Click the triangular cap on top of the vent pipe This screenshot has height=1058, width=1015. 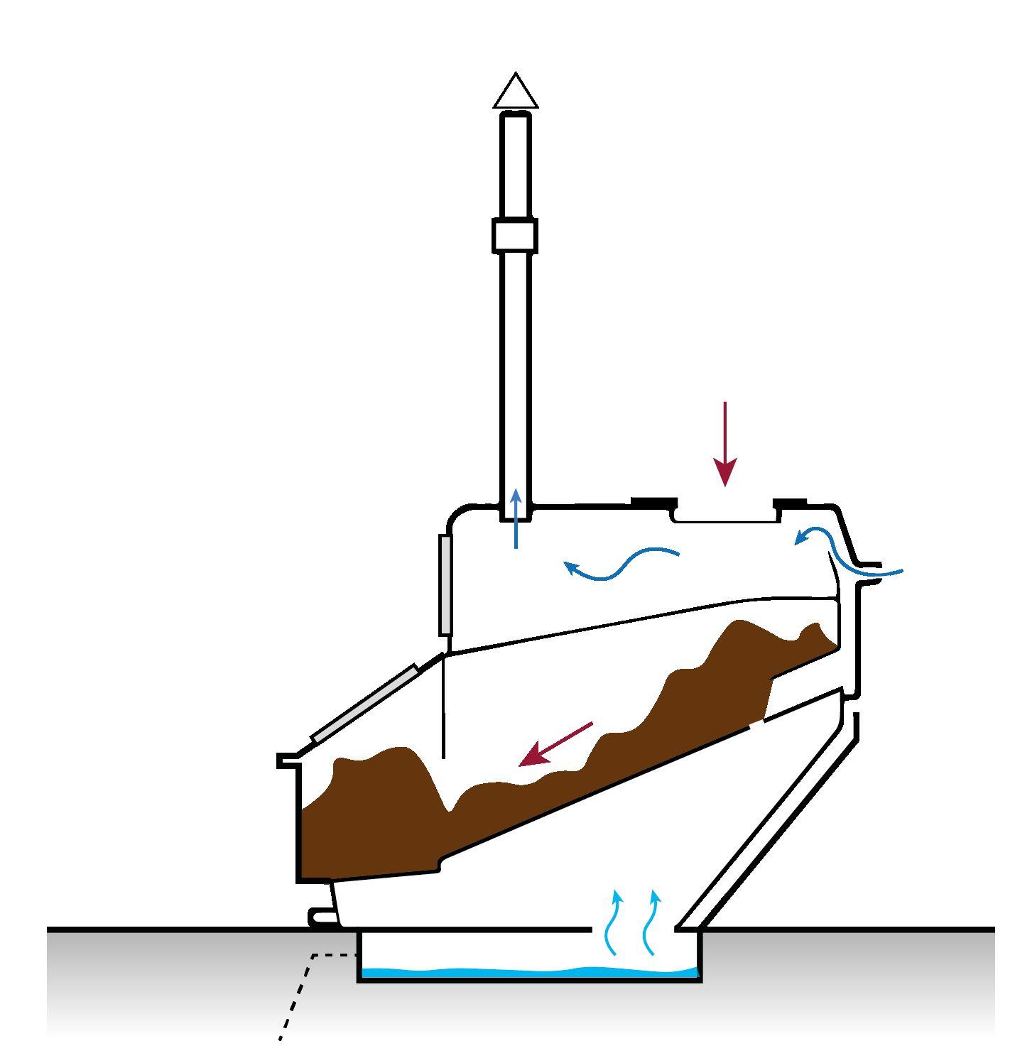click(x=516, y=93)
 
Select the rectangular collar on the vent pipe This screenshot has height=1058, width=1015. click(x=515, y=236)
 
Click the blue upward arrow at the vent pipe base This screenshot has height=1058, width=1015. click(x=516, y=518)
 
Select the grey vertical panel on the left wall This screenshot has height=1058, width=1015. click(x=445, y=584)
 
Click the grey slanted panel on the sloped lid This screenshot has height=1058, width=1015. click(x=364, y=704)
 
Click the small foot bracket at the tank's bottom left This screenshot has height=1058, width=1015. click(x=320, y=917)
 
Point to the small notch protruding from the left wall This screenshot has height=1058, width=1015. click(x=287, y=760)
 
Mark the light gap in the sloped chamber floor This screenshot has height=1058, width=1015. click(x=756, y=725)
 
